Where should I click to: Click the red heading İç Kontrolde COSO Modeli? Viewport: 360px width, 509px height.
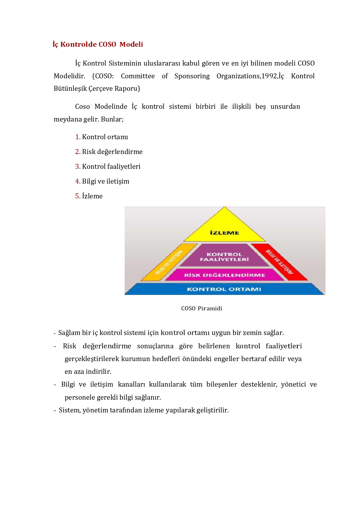point(98,44)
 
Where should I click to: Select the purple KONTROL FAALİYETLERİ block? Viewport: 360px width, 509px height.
point(224,256)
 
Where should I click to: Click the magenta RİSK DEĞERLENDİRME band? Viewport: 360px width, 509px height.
point(224,275)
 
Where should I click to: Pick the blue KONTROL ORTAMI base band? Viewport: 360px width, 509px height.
point(224,289)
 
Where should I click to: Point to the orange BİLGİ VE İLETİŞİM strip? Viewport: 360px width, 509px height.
point(169,262)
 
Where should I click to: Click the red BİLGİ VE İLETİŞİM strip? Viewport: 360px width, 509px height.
point(279,262)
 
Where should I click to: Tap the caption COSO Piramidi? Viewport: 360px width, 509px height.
point(202,308)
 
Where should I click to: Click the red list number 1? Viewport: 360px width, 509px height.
point(77,137)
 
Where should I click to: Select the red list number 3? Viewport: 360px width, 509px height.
point(77,166)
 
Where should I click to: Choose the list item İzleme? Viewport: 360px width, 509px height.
point(92,196)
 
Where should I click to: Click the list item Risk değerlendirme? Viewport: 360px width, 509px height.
point(112,152)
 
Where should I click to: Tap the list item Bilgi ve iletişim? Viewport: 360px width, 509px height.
point(106,181)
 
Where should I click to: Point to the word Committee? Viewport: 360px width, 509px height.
point(138,76)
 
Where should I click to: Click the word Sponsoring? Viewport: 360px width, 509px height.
point(192,76)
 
